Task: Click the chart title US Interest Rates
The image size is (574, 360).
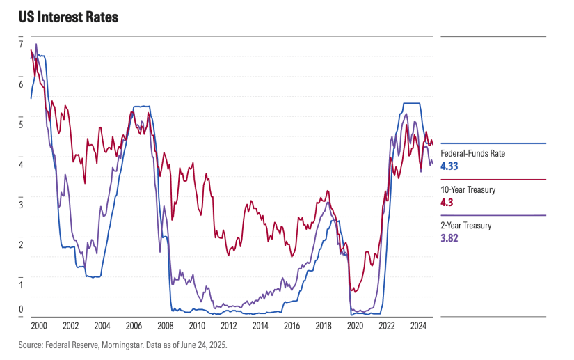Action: tap(69, 17)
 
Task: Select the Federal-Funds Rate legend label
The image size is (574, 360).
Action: tap(473, 153)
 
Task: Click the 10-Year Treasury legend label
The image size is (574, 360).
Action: tap(468, 189)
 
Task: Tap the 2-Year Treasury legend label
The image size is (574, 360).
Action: tap(466, 226)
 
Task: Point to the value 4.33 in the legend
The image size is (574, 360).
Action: tap(449, 166)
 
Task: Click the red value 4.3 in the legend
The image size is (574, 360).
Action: tap(447, 202)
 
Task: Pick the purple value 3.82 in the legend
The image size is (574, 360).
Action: tap(449, 238)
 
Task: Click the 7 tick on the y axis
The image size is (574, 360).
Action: tap(21, 45)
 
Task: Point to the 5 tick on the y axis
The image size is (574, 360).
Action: tap(21, 125)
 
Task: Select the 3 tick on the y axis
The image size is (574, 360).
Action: tap(21, 205)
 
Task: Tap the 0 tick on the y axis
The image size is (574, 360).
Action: tap(21, 310)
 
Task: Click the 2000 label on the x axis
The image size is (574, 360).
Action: tap(39, 325)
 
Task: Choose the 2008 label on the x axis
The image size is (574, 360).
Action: tap(166, 325)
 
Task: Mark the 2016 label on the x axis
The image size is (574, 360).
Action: tap(292, 325)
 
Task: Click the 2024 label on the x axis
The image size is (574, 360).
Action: tap(418, 325)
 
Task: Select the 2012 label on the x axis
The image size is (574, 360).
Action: tap(229, 325)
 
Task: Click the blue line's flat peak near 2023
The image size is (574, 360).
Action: tap(410, 103)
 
